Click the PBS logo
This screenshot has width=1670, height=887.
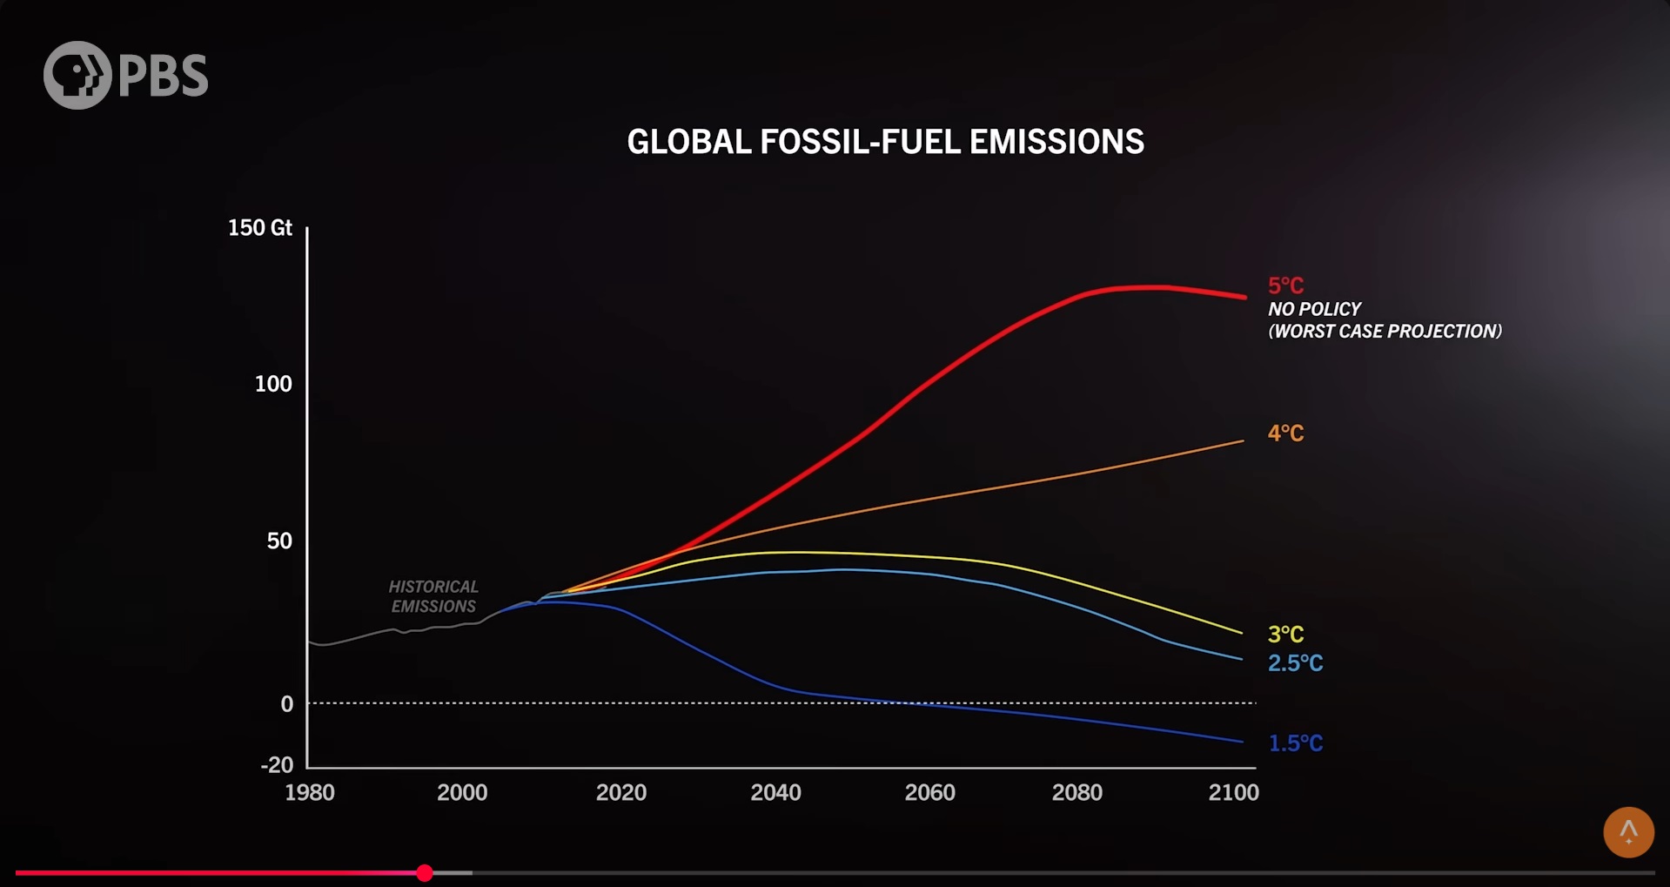tap(125, 75)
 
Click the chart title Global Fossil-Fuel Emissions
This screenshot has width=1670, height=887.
tap(885, 142)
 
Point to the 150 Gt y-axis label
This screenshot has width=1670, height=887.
tap(259, 228)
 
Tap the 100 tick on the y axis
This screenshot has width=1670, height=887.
tap(273, 384)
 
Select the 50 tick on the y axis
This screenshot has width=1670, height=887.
tap(279, 541)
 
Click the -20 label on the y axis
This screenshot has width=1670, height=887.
tap(277, 764)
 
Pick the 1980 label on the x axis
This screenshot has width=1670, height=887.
tap(310, 792)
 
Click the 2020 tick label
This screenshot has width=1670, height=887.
tap(620, 792)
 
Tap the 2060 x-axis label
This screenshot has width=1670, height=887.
tap(929, 792)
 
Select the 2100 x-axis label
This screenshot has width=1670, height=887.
tap(1233, 792)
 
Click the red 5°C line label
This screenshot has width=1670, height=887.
tap(1285, 286)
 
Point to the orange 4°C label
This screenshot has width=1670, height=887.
tap(1285, 433)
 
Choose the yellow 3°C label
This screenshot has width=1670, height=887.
tap(1285, 634)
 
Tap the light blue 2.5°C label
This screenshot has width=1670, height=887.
tap(1295, 663)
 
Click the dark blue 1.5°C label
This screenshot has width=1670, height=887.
tap(1295, 743)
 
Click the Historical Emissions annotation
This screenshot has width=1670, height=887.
tap(433, 596)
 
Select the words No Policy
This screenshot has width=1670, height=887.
tap(1314, 309)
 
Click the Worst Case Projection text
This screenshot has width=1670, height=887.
tap(1385, 332)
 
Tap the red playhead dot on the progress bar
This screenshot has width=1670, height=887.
tap(425, 872)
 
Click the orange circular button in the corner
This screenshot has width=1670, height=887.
tap(1628, 832)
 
